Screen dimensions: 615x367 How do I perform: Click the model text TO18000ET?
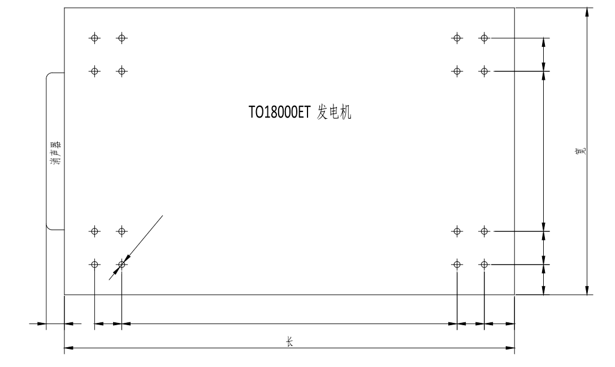coord(279,113)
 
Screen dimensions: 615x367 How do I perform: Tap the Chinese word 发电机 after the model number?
coord(334,113)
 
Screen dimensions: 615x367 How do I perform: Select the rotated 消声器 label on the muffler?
coord(56,152)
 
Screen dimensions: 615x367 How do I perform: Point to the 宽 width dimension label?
coord(581,151)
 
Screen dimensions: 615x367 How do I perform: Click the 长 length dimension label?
coord(289,342)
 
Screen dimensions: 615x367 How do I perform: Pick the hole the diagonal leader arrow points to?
coord(122,265)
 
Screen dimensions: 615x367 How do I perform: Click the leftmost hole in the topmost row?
coord(94,38)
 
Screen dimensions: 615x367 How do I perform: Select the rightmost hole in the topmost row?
coord(484,38)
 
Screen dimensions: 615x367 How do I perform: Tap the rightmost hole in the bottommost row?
coord(484,265)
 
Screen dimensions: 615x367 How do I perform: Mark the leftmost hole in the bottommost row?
coord(94,265)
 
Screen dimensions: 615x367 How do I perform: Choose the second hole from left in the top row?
coord(122,38)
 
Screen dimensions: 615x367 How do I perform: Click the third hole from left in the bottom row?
coord(457,265)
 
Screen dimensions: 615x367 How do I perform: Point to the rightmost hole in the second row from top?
coord(484,71)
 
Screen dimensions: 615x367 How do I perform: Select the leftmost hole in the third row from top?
coord(94,232)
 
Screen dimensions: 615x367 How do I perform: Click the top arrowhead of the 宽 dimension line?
coord(587,12)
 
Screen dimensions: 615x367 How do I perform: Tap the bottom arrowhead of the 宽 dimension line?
coord(587,290)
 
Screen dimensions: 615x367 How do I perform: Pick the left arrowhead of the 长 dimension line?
coord(69,348)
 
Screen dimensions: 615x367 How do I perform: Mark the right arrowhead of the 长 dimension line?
coord(510,348)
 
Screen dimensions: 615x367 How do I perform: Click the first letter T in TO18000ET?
coord(252,113)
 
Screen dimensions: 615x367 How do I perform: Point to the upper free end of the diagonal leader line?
coord(163,215)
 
